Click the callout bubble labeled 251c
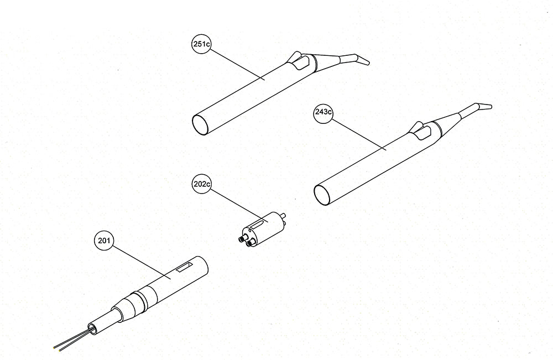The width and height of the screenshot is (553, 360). pos(201,44)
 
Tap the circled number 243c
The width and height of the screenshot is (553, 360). pos(324,113)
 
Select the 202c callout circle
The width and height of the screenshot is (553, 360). pos(201,184)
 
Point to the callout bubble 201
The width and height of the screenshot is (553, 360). pos(103,241)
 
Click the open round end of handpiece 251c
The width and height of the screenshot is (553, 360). pos(201,124)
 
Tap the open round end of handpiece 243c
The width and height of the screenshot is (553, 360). pos(322,195)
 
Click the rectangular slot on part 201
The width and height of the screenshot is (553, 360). pos(184,268)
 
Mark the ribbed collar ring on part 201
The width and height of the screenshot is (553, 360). pos(140,299)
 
